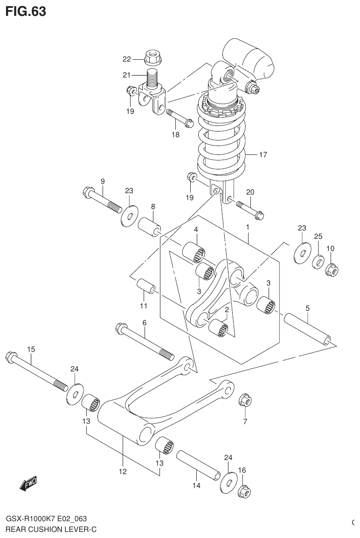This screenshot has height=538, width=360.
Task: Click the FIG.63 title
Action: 26,11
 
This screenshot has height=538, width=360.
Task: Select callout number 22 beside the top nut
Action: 127,59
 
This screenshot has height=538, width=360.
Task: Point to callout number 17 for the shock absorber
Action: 263,154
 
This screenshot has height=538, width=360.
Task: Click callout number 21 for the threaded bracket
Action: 127,75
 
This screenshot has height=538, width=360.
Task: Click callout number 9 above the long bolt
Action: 102,181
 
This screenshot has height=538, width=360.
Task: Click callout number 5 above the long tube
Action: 308,307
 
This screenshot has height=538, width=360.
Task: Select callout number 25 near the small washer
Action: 318,237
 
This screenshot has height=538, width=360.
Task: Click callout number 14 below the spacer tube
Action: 196,486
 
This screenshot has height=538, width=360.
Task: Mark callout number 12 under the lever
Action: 122,471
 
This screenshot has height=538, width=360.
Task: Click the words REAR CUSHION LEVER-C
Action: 51,530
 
